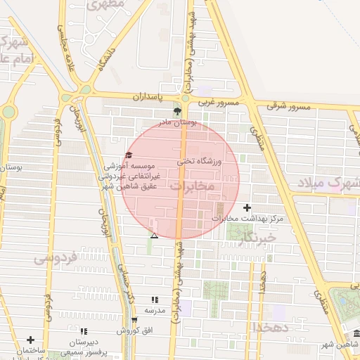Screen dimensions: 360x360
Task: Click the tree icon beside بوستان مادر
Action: (x=177, y=112)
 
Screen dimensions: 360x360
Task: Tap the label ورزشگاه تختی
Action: (x=202, y=162)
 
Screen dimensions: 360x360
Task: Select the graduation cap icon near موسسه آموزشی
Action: (x=128, y=155)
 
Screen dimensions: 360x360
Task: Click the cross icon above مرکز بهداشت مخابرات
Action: (x=246, y=207)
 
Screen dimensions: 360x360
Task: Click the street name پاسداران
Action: (x=150, y=95)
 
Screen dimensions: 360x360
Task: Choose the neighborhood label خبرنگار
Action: (x=258, y=238)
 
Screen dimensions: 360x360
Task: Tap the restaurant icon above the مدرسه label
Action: (x=155, y=300)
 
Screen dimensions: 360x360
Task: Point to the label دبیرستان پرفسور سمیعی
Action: (x=84, y=346)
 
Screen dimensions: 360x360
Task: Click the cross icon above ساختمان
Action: (x=30, y=340)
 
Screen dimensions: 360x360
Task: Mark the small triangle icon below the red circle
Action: (x=155, y=236)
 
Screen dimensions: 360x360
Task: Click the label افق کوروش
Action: (x=130, y=330)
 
